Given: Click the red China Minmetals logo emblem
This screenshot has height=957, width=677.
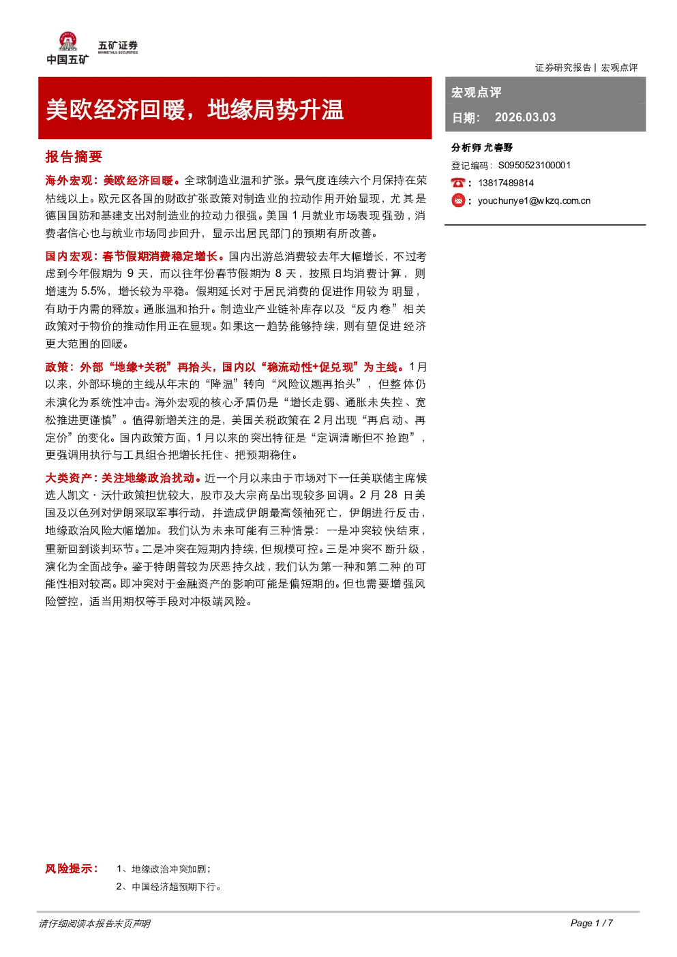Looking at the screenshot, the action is point(67,42).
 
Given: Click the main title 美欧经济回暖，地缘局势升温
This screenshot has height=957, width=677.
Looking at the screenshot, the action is point(194,110).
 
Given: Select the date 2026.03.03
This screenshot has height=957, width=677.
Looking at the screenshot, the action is point(525,117).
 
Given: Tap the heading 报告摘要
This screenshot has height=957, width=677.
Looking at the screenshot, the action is point(74,157).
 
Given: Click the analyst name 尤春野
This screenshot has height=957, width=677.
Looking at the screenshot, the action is point(498,148).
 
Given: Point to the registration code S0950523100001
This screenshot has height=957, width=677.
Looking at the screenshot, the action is point(535,166).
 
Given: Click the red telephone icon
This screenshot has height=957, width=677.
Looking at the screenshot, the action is point(457,183).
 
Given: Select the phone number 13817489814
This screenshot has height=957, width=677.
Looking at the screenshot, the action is point(506,183).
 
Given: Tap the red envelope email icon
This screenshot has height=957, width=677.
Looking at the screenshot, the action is point(458,200).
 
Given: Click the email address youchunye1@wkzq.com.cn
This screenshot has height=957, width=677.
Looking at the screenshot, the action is point(535,201).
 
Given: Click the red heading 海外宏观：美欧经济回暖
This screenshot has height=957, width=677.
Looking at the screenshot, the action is point(109,181).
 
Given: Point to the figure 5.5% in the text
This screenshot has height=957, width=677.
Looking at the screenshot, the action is point(93,291).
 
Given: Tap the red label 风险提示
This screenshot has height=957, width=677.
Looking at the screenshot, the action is point(71,868).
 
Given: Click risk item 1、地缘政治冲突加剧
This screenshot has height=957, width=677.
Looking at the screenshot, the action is point(162,869).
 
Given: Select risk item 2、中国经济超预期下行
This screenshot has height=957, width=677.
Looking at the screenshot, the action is point(168,887).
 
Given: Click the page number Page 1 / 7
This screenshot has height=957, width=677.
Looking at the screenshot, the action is point(592,923).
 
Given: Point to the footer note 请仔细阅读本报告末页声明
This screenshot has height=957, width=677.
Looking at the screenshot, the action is point(95,924).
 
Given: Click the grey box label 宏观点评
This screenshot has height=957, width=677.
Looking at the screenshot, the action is point(476,92).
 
